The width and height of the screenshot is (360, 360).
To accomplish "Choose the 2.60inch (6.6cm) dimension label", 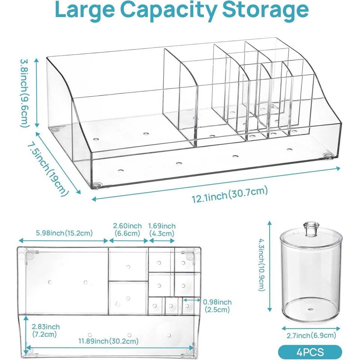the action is tap(127, 229).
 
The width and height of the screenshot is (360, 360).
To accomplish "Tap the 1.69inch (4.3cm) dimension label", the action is tap(162, 229).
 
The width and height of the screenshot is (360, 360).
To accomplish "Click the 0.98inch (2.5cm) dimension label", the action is tap(217, 305).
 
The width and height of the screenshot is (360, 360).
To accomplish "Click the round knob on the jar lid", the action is tap(310, 229).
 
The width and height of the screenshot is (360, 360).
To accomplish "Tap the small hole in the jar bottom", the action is tap(310, 309).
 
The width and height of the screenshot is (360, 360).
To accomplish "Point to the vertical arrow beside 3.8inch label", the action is tap(36, 93).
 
